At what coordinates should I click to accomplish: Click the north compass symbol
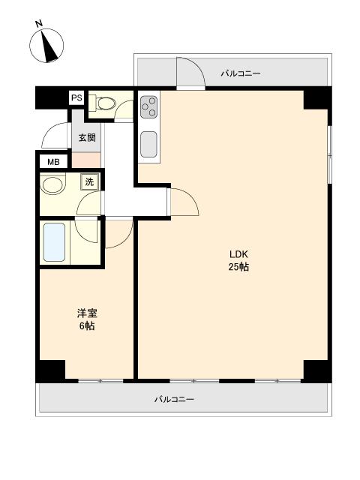[46, 46]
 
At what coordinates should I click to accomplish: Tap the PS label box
[76, 98]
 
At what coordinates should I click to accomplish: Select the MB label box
[53, 162]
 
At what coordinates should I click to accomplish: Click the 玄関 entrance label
[87, 138]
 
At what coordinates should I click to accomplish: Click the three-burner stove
[148, 106]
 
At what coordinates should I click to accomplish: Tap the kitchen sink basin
[148, 145]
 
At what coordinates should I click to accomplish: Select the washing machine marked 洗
[89, 181]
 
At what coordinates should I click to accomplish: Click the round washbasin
[53, 184]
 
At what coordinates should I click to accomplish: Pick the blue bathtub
[54, 242]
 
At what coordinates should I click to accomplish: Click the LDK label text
[238, 254]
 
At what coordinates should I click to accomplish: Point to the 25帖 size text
[238, 267]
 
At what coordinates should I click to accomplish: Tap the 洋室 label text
[87, 313]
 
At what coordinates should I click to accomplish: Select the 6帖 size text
[87, 326]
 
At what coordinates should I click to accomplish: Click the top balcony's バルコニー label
[241, 73]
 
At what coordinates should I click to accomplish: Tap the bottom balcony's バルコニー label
[174, 399]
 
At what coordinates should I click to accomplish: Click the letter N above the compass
[39, 23]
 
